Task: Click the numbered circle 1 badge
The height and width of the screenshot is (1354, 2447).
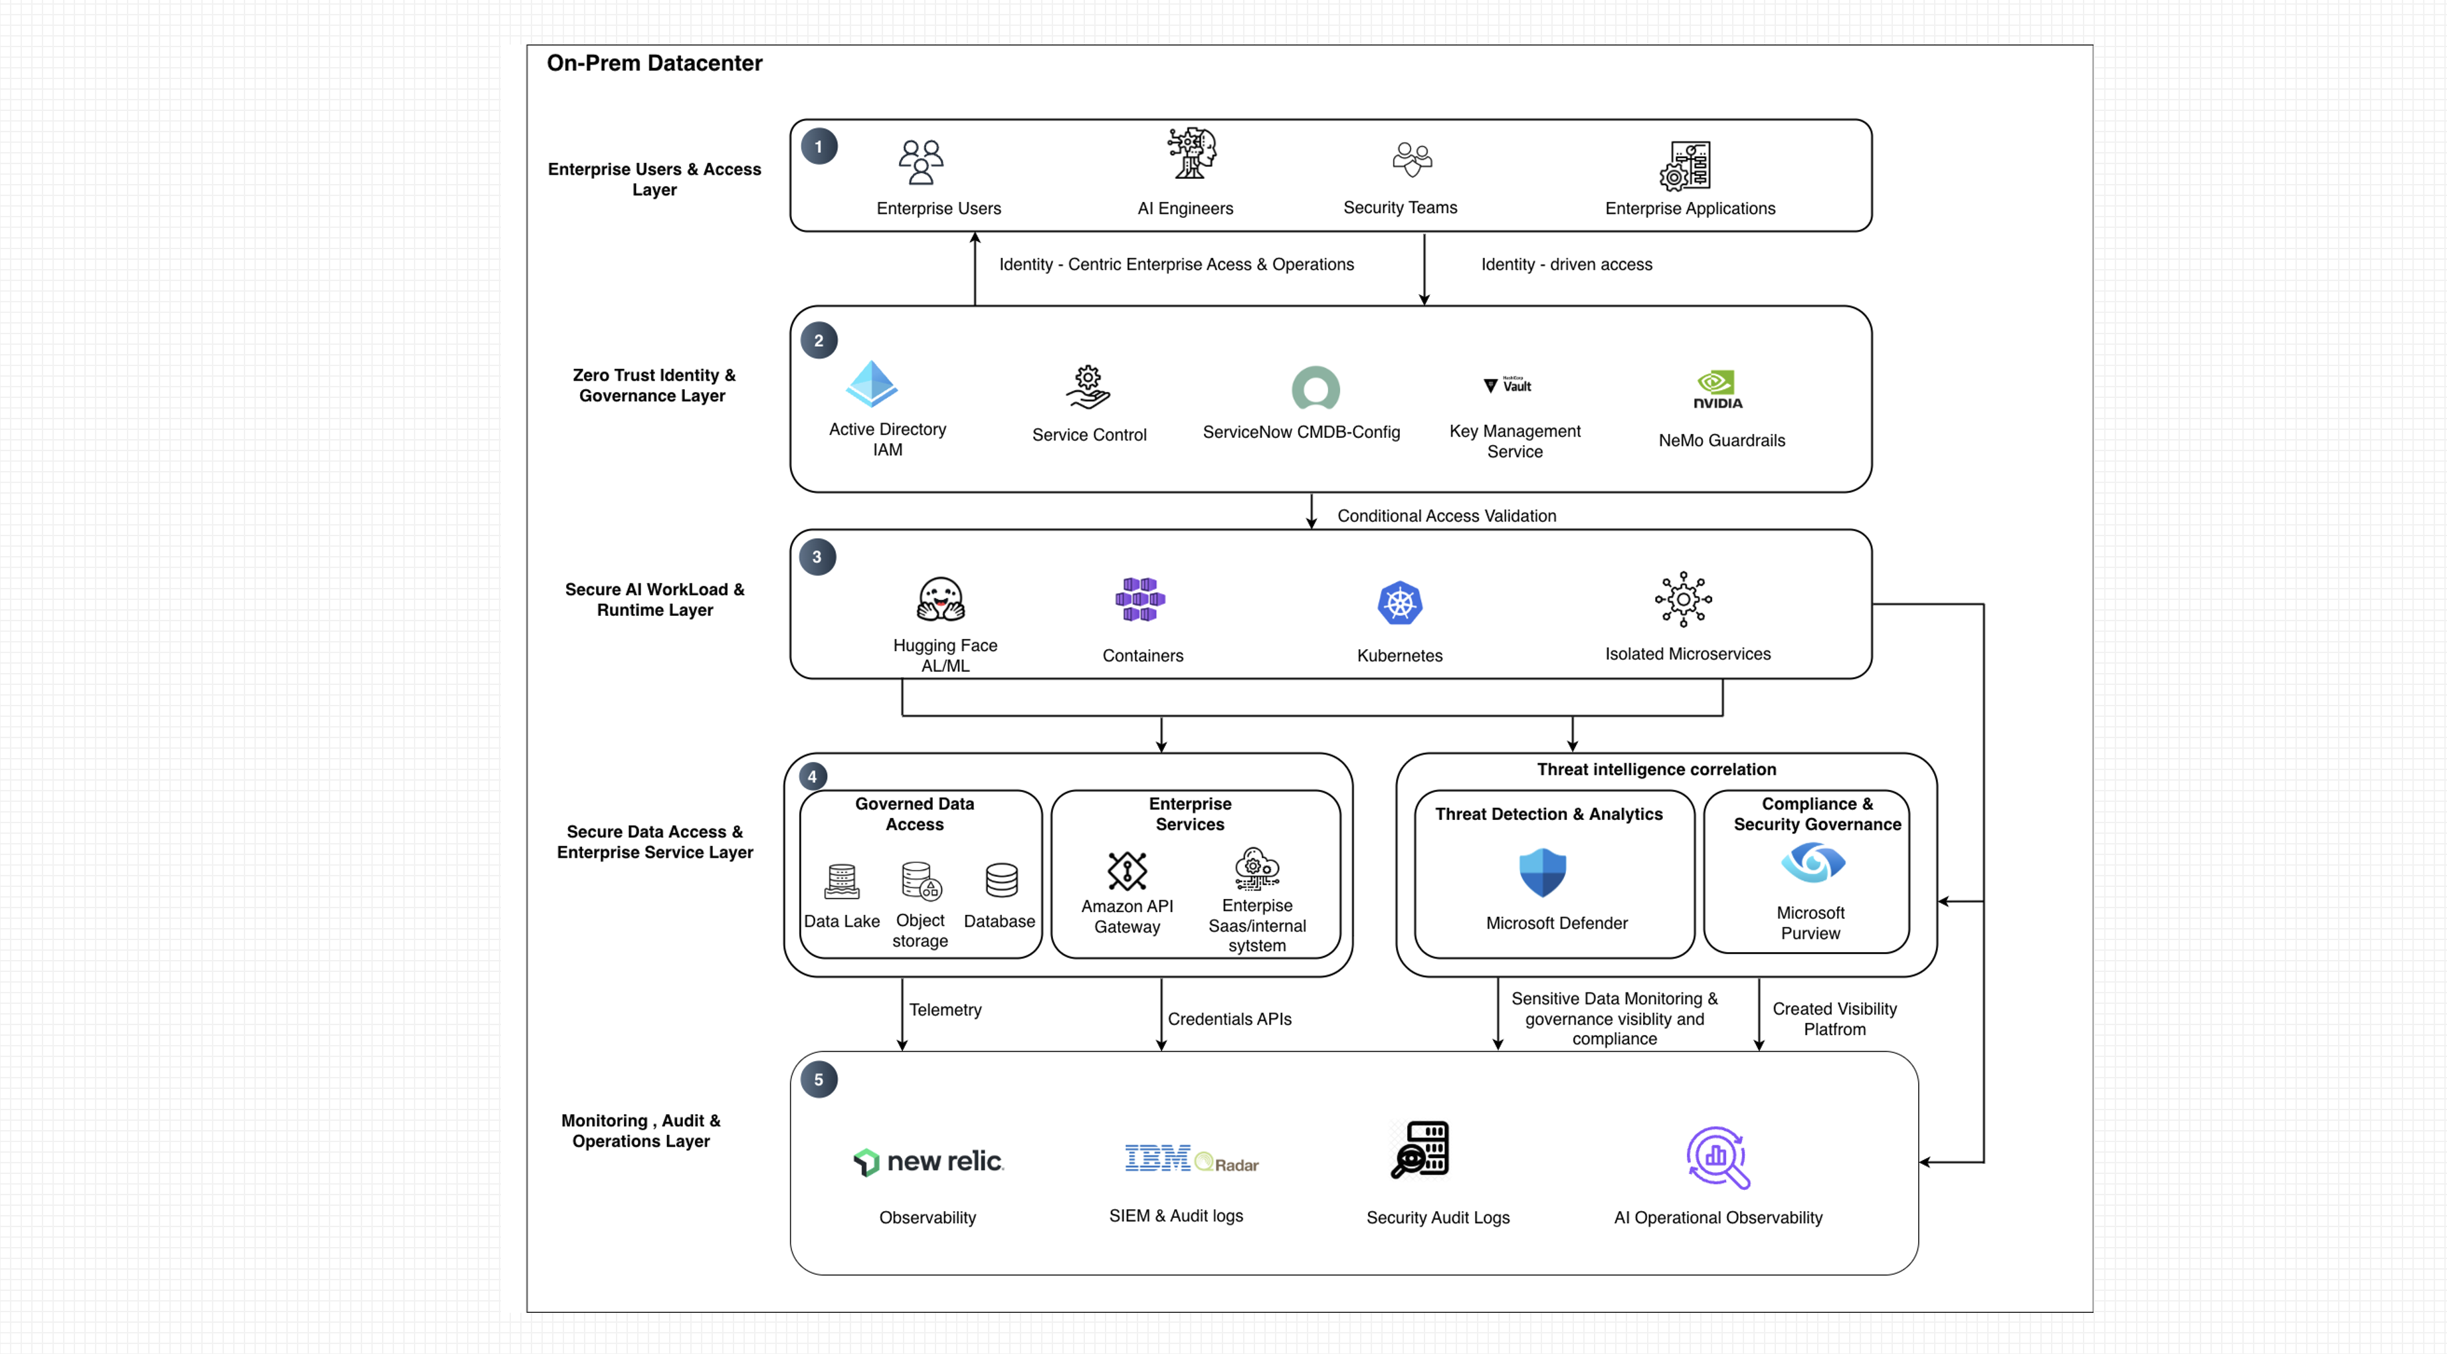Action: coord(819,147)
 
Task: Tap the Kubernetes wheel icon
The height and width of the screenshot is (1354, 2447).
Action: coord(1399,603)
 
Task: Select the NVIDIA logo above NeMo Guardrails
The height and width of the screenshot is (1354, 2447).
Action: coord(1717,389)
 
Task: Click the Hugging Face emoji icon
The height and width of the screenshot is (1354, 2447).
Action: coord(940,599)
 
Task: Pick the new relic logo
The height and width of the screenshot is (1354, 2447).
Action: coord(928,1161)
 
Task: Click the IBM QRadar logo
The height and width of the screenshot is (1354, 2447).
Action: coord(1191,1159)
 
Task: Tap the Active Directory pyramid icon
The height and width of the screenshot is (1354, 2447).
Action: coord(872,384)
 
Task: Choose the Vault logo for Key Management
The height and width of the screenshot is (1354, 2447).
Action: coord(1508,385)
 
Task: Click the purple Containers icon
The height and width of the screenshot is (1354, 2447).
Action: coord(1140,599)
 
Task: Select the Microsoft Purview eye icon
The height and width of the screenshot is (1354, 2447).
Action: coord(1812,863)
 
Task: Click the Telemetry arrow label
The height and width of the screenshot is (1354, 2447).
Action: coord(945,1009)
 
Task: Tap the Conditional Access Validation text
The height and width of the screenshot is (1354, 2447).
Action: coord(1446,516)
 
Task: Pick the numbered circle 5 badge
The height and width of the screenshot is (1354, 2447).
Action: coord(819,1080)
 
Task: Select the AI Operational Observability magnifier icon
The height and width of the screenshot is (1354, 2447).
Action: coord(1717,1157)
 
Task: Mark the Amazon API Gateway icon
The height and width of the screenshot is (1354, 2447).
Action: coord(1127,870)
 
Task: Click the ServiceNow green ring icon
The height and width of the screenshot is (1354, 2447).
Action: coord(1316,389)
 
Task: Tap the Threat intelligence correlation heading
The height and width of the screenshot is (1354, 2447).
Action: coord(1656,769)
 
